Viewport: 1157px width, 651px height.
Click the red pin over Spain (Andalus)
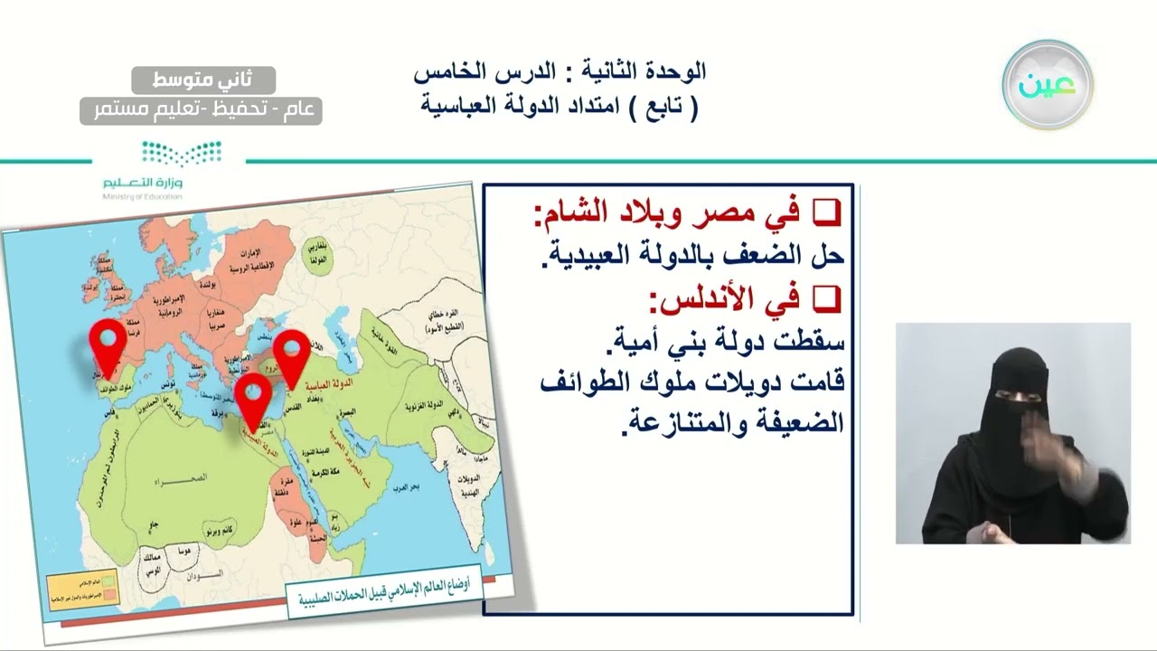pyautogui.click(x=108, y=344)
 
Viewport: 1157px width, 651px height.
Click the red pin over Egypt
pyautogui.click(x=252, y=397)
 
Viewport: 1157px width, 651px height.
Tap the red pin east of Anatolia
pyautogui.click(x=291, y=354)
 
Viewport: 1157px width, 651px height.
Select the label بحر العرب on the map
pyautogui.click(x=431, y=488)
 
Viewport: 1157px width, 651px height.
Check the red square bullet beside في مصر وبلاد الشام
pyautogui.click(x=826, y=212)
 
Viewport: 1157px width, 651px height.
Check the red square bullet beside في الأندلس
pyautogui.click(x=826, y=297)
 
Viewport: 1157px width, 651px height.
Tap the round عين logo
pyautogui.click(x=1048, y=85)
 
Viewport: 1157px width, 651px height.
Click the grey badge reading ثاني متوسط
pyautogui.click(x=203, y=80)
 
